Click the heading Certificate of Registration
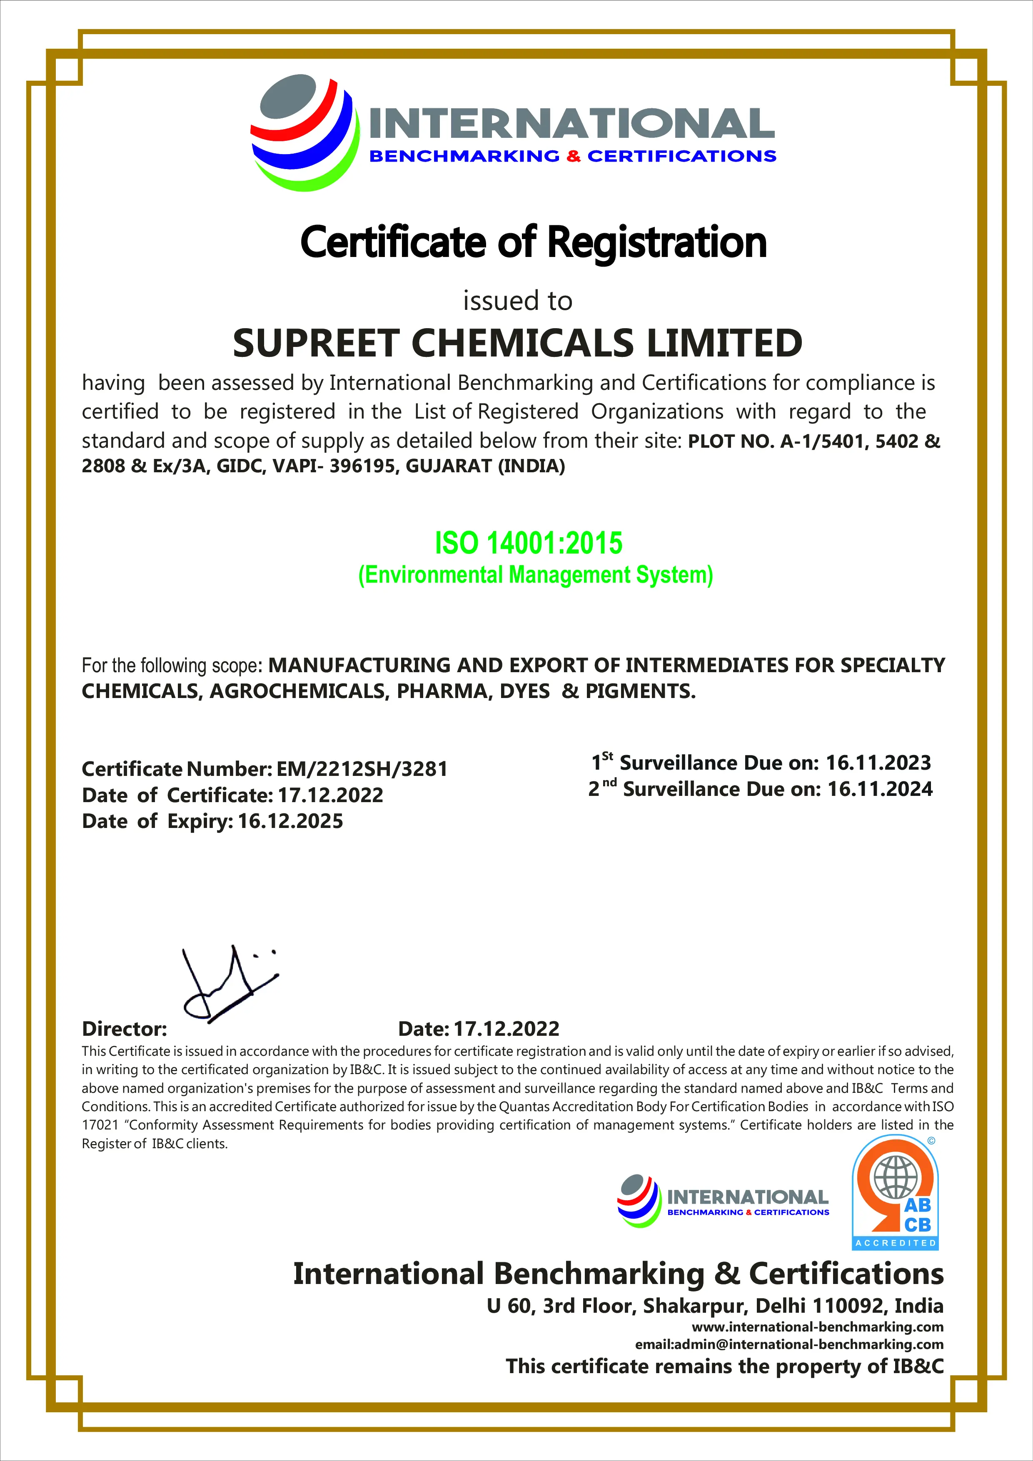[x=533, y=242]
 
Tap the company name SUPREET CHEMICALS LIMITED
[x=517, y=343]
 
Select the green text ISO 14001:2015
[x=528, y=543]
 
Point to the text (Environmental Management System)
[x=535, y=575]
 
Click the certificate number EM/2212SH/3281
[x=362, y=769]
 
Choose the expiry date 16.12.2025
[x=290, y=821]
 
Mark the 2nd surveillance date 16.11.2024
[x=880, y=789]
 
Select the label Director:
[x=124, y=1029]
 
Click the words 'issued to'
[x=517, y=301]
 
